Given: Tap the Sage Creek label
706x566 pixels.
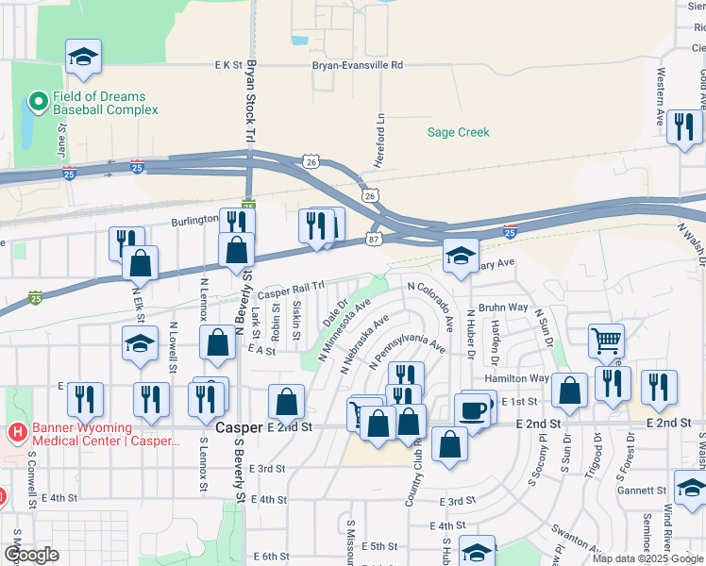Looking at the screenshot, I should (x=459, y=133).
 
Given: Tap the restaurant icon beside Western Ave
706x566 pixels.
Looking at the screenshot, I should (x=683, y=126).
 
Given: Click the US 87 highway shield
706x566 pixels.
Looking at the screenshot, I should (x=375, y=241).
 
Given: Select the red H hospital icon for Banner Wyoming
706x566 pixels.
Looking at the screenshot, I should (x=16, y=433).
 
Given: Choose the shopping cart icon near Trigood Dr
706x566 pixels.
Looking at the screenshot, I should (x=606, y=341).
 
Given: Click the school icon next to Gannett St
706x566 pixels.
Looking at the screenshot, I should (x=691, y=491).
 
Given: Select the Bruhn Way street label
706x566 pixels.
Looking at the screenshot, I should (x=502, y=307).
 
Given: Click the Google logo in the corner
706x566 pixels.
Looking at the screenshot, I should (x=31, y=555).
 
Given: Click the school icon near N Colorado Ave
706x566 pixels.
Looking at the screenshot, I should (x=461, y=256).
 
